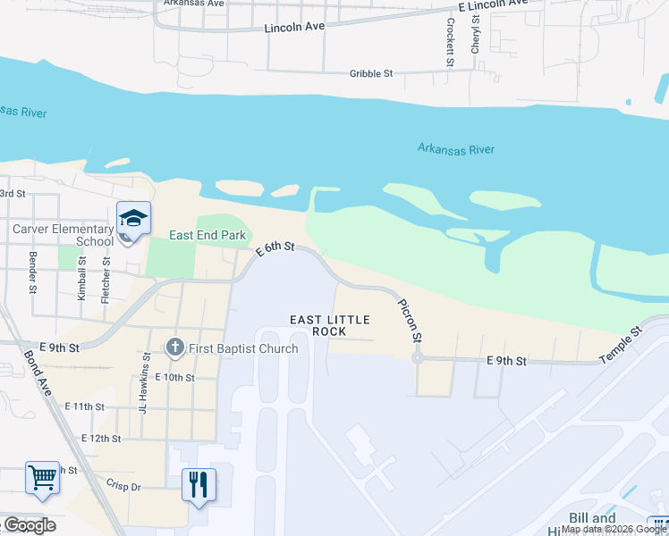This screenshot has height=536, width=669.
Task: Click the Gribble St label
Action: click(x=371, y=73)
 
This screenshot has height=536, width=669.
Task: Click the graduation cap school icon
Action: click(x=133, y=218)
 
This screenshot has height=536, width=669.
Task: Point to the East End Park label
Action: click(x=207, y=236)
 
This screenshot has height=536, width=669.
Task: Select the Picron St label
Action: click(x=410, y=321)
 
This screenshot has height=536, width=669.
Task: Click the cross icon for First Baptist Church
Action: click(x=175, y=347)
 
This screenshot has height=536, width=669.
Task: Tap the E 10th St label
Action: click(x=174, y=378)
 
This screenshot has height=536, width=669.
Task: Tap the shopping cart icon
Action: click(x=42, y=477)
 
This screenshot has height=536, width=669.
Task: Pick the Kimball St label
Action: click(x=81, y=283)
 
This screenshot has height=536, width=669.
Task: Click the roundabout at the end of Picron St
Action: click(x=417, y=357)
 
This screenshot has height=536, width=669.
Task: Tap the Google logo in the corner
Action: click(x=30, y=525)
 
